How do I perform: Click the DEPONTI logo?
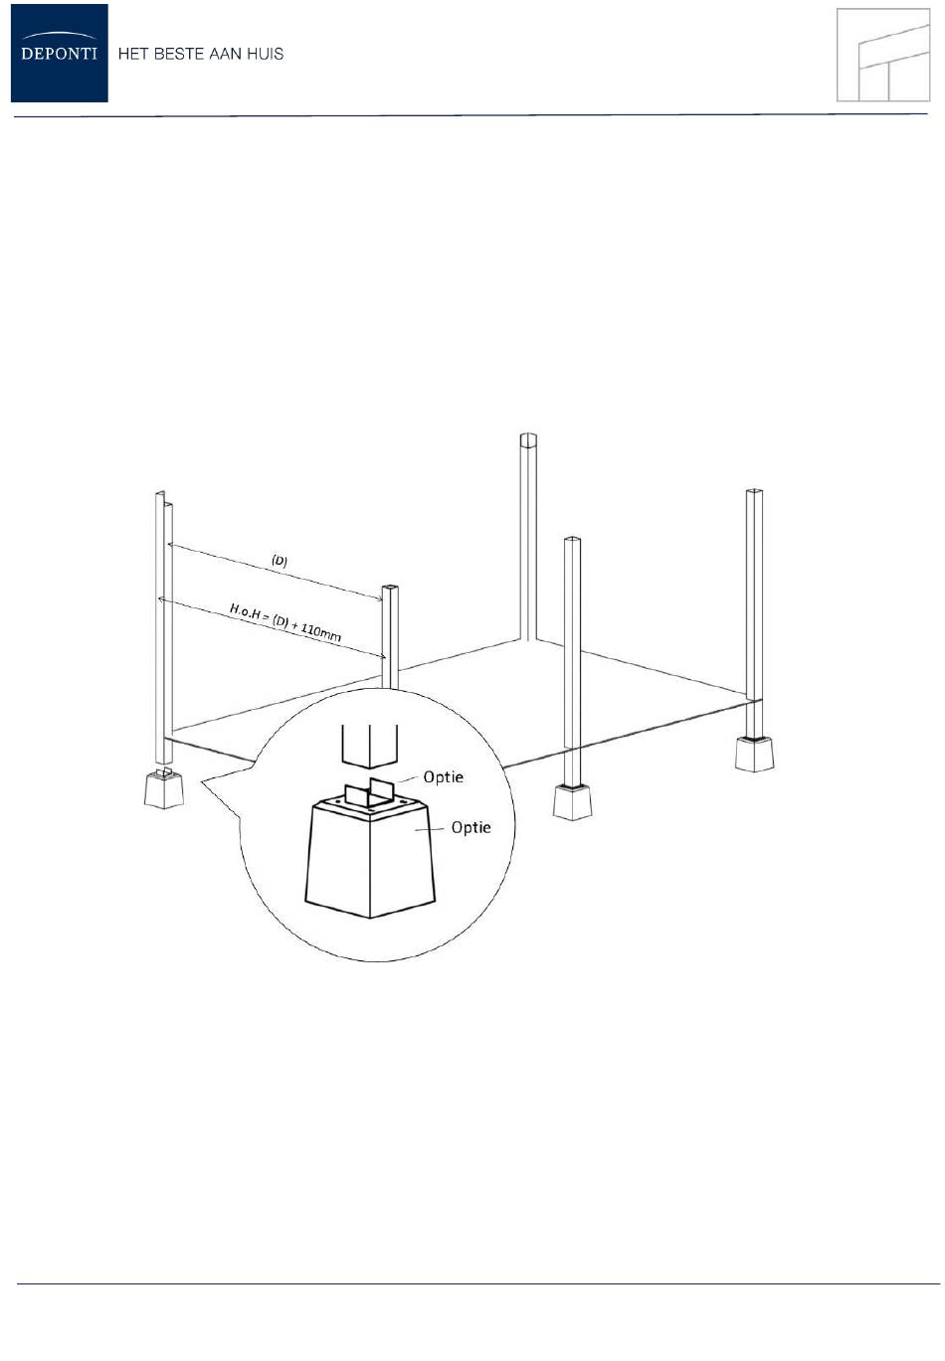[59, 53]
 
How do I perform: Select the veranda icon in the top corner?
[883, 55]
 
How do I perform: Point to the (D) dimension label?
[280, 560]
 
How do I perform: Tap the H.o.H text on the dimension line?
[245, 610]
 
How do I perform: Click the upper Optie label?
[444, 776]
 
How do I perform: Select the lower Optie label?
[471, 827]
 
